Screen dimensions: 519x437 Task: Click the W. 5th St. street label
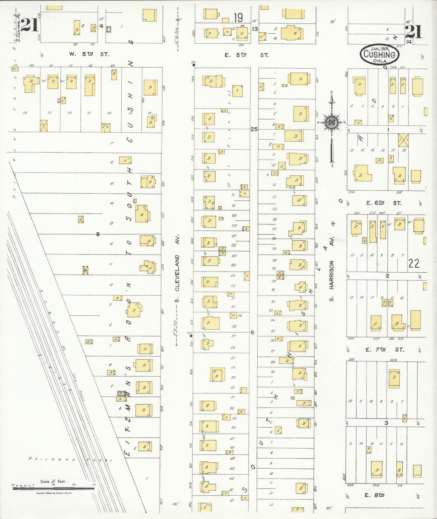point(88,54)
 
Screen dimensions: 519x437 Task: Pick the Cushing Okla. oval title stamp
point(379,55)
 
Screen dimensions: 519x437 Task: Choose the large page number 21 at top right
point(413,32)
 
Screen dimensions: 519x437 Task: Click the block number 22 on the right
point(413,263)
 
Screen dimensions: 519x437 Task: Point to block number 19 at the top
point(238,18)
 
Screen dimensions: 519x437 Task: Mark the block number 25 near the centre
point(254,129)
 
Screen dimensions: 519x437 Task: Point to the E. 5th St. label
point(246,55)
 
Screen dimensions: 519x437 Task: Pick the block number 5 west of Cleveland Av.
point(98,234)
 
